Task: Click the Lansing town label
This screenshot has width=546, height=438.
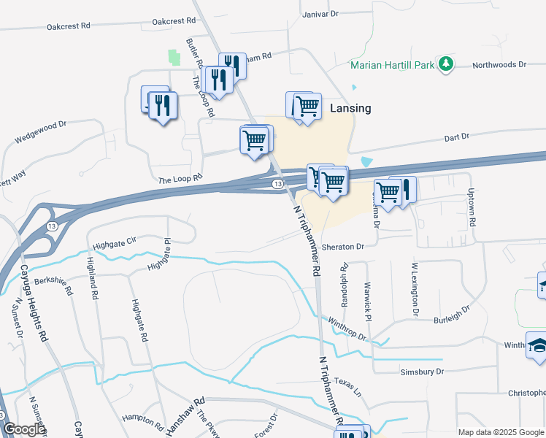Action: coord(350,108)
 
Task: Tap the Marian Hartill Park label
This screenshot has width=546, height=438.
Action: coord(393,65)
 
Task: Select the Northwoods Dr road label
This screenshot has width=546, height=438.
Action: coord(499,65)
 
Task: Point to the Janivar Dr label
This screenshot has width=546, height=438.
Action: coord(320,13)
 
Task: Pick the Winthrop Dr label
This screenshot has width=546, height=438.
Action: coord(347,322)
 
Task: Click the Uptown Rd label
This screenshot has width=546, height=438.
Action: coord(472,207)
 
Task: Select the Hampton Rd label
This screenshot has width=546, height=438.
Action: coord(141,419)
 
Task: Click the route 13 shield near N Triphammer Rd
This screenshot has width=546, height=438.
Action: coord(277,184)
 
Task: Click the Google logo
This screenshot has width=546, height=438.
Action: coord(24,429)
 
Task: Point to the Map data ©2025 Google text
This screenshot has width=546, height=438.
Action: coord(500,432)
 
